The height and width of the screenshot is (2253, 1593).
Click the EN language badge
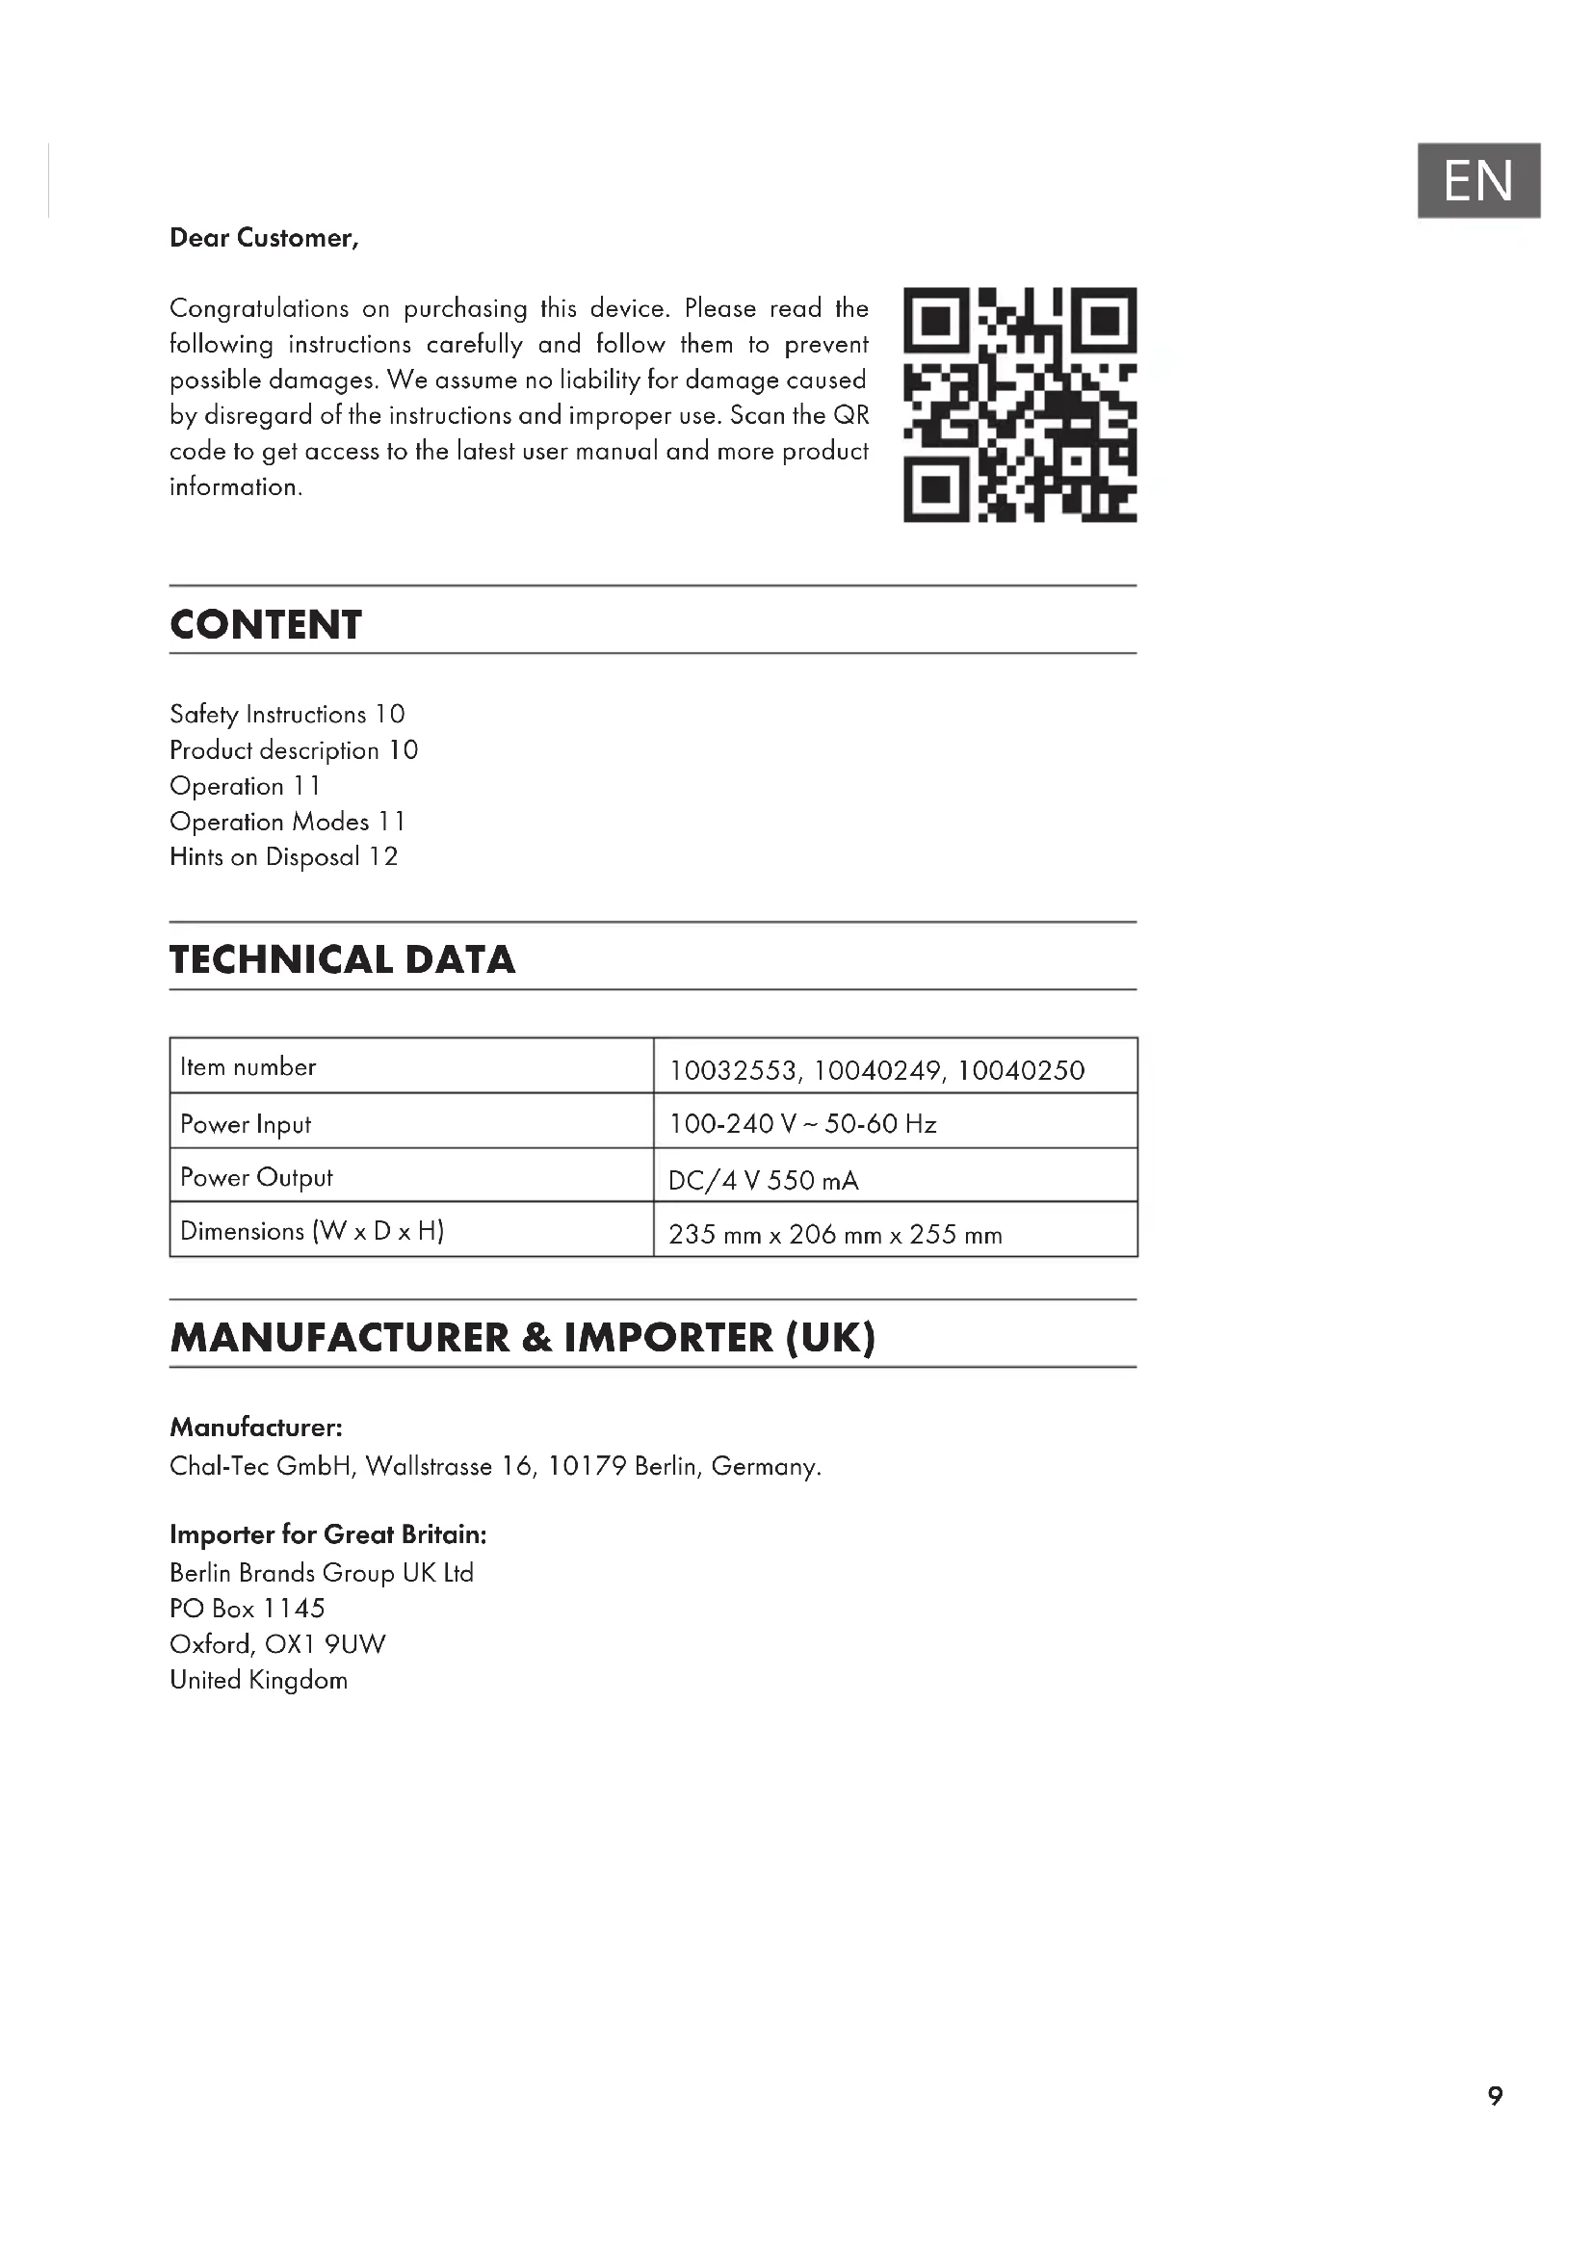point(1477,180)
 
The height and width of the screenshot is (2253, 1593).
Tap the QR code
point(1019,405)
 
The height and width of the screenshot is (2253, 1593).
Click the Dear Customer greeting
point(264,239)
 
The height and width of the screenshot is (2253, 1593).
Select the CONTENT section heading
point(266,625)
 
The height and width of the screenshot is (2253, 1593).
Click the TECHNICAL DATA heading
point(342,959)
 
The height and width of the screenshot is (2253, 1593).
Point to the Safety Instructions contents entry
point(286,715)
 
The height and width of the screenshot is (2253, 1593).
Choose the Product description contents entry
point(294,750)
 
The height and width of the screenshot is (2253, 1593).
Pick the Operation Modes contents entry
point(286,822)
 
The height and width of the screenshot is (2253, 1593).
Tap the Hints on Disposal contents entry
point(283,856)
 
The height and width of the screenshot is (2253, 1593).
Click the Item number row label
point(248,1066)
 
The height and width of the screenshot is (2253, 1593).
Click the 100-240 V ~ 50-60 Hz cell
point(802,1123)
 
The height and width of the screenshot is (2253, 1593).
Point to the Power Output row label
point(256,1177)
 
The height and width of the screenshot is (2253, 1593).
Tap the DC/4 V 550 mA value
point(763,1181)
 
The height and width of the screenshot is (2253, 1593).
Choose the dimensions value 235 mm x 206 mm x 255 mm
point(835,1235)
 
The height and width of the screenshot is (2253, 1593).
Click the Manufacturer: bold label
point(256,1427)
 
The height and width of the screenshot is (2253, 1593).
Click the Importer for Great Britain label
point(327,1533)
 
